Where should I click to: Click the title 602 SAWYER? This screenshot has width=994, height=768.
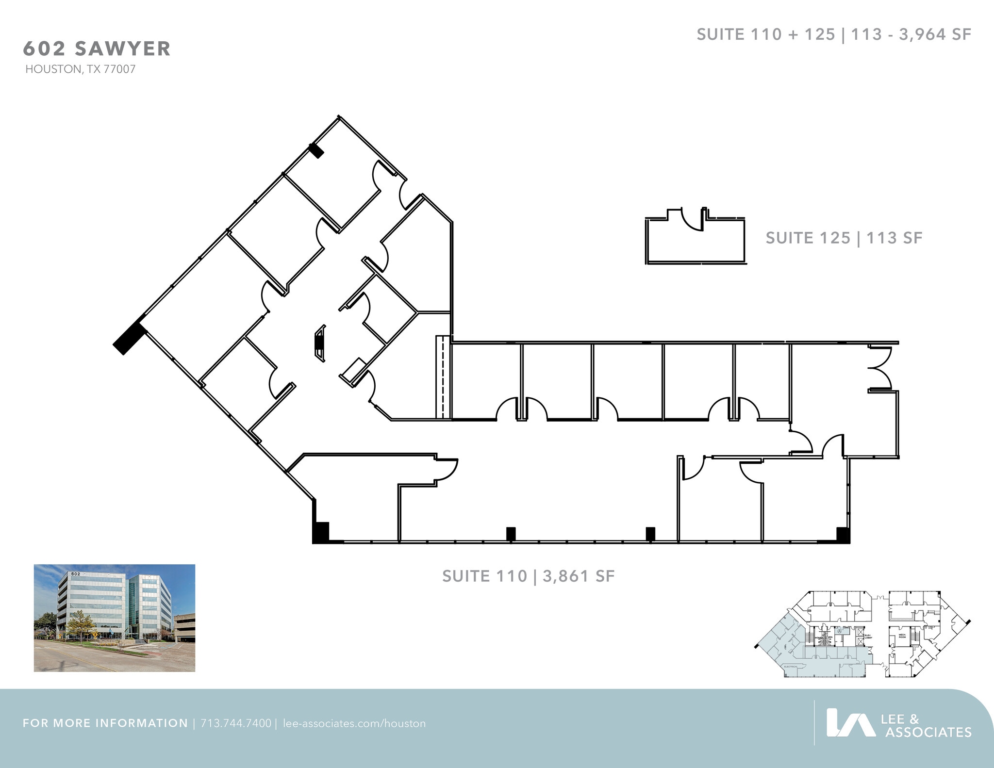click(97, 49)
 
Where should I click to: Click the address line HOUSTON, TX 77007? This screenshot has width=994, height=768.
click(81, 69)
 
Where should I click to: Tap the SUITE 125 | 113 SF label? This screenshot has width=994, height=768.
click(844, 238)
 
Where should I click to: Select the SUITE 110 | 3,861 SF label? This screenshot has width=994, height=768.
click(528, 576)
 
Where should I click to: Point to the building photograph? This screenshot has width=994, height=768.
click(114, 618)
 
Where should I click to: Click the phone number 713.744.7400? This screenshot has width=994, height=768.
click(236, 723)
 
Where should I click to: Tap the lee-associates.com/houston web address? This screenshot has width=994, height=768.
click(354, 723)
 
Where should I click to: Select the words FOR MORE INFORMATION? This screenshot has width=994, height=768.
click(105, 723)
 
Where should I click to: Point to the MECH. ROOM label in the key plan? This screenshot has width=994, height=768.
click(902, 636)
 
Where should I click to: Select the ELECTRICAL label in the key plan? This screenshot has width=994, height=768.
click(791, 667)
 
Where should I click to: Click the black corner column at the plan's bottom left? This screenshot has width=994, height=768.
click(321, 532)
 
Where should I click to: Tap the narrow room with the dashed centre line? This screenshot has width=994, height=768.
click(443, 377)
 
